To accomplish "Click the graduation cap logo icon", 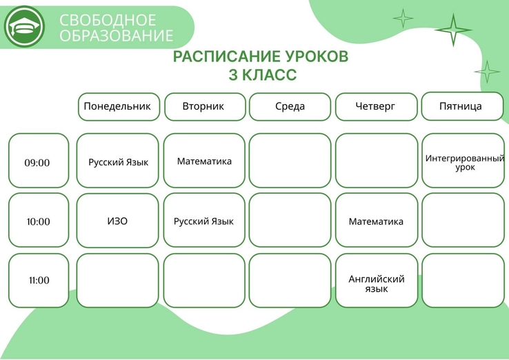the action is [x=24, y=26].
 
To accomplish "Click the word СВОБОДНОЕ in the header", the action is [x=108, y=20].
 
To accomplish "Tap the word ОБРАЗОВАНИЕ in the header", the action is [x=116, y=35].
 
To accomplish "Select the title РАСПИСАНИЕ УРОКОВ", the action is [x=261, y=57].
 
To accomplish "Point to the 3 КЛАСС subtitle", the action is [x=263, y=74].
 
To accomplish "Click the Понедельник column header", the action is [x=119, y=107].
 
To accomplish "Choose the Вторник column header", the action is [x=205, y=107].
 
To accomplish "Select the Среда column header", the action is [x=290, y=107].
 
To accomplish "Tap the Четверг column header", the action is [x=376, y=107].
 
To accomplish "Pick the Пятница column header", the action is [x=462, y=106].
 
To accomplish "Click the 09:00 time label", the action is [x=37, y=163].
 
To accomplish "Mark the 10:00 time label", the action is [x=39, y=221].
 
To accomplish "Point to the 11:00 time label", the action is [x=39, y=280].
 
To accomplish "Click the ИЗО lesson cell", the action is [x=117, y=221].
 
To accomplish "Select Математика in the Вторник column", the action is [x=204, y=161].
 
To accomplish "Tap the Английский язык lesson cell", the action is [x=376, y=281].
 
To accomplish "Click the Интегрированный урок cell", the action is [x=463, y=161].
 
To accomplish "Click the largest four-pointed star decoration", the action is [x=453, y=30].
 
